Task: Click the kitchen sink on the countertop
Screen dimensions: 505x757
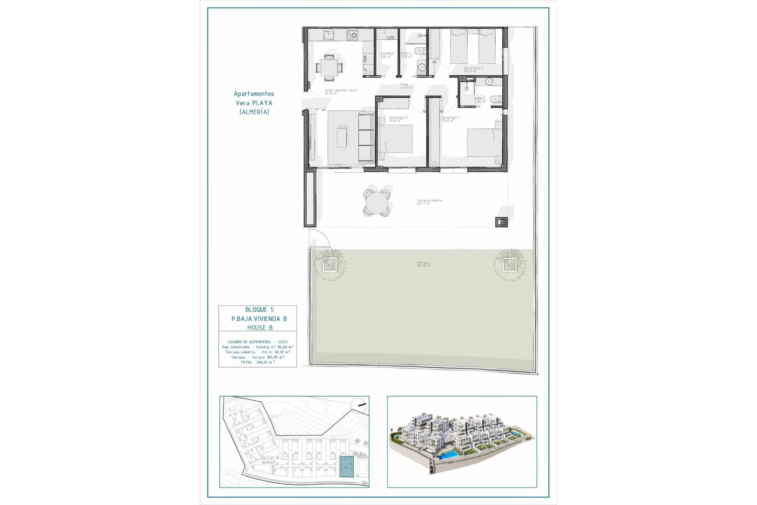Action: (328, 36)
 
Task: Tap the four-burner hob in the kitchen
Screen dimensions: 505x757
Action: (352, 36)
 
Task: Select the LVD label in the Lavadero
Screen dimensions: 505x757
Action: (390, 38)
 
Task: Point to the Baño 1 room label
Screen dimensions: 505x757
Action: (406, 55)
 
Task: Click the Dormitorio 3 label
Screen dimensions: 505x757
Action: (473, 69)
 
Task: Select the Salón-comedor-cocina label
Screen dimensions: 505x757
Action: (341, 92)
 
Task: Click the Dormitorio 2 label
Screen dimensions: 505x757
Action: (398, 119)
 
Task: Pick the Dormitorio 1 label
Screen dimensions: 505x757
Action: (451, 119)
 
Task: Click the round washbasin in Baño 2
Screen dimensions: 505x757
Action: (489, 82)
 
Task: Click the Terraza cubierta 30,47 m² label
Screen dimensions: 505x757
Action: (429, 202)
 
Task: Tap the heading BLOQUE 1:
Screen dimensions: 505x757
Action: (259, 310)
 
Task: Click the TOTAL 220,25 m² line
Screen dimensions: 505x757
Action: (257, 362)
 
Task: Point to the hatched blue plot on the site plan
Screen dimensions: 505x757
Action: (346, 467)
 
